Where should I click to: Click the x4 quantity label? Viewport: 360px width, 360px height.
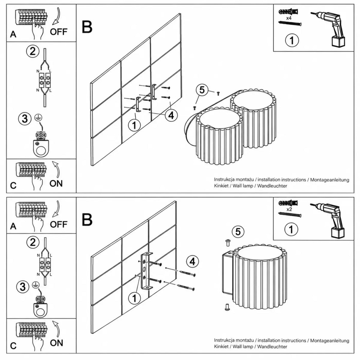pyautogui.click(x=289, y=18)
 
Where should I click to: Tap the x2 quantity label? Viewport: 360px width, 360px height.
pyautogui.click(x=289, y=209)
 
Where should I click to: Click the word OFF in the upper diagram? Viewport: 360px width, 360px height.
pyautogui.click(x=58, y=32)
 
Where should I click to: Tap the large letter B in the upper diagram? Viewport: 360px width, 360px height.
pyautogui.click(x=87, y=27)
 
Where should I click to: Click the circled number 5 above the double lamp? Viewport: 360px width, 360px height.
pyautogui.click(x=202, y=90)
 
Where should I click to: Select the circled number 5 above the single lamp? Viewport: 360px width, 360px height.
pyautogui.click(x=238, y=232)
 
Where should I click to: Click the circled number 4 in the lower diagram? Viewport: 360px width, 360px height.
pyautogui.click(x=193, y=262)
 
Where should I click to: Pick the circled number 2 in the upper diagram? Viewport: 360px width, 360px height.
pyautogui.click(x=33, y=51)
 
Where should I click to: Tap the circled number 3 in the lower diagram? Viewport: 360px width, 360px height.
pyautogui.click(x=23, y=287)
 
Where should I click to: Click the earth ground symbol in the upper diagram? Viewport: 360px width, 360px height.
pyautogui.click(x=38, y=117)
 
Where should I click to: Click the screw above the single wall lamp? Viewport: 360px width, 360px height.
pyautogui.click(x=228, y=243)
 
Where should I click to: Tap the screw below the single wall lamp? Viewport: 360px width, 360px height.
pyautogui.click(x=227, y=307)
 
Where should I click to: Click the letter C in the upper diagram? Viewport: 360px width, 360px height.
pyautogui.click(x=13, y=186)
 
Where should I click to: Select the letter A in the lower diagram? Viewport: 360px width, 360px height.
pyautogui.click(x=13, y=226)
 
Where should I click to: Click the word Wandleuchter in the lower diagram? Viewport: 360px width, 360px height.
pyautogui.click(x=272, y=346)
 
